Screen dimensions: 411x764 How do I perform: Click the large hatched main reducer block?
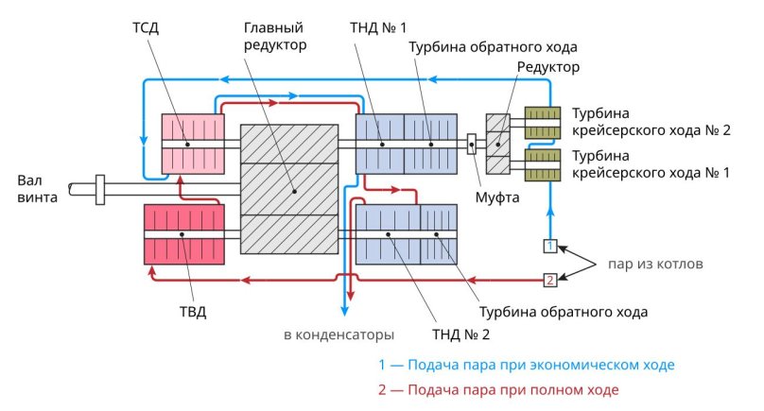click(289, 189)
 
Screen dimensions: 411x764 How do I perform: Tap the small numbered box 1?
click(549, 247)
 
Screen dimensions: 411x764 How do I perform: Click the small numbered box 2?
click(549, 279)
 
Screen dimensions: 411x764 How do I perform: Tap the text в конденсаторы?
click(339, 334)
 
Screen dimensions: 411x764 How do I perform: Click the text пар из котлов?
click(655, 264)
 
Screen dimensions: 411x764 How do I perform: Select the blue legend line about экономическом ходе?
click(527, 364)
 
